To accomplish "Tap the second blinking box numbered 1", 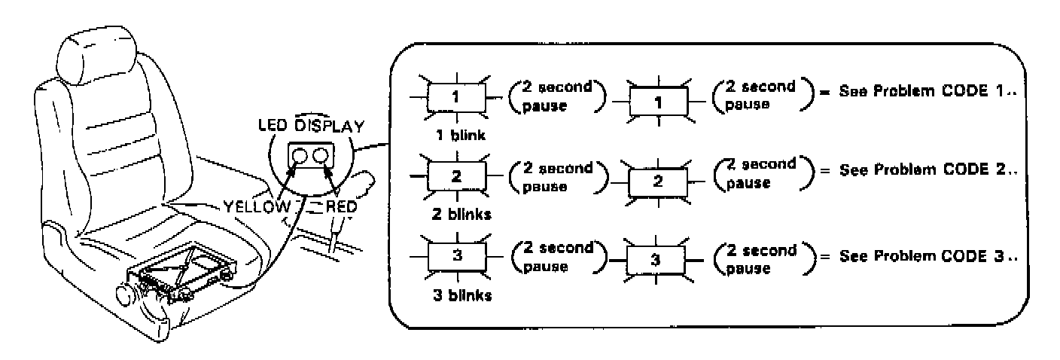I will pos(658,101).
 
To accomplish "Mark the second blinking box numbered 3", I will pos(658,265).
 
